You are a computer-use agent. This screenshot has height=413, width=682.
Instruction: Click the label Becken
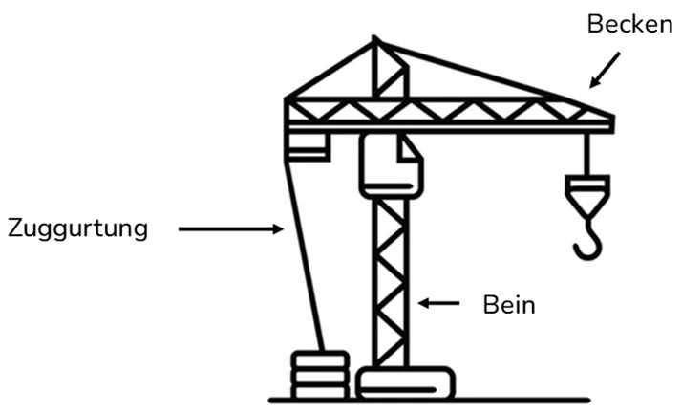point(629,24)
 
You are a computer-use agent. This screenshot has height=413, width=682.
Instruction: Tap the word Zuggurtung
point(77,229)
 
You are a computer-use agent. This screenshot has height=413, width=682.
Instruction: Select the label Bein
point(508,305)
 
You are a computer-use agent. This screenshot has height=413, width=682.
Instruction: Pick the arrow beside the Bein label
point(439,304)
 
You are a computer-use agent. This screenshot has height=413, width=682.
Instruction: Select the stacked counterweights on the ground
point(320,375)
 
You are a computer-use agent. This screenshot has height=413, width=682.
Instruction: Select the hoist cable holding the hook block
point(586,153)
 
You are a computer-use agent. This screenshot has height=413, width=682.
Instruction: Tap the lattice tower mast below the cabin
point(390,287)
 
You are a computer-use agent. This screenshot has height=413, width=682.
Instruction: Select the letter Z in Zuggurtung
point(15,229)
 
